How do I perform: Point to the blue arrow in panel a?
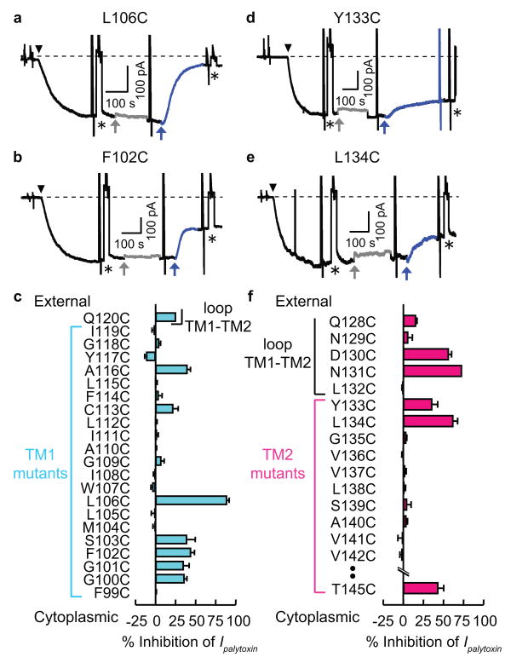(x=161, y=127)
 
